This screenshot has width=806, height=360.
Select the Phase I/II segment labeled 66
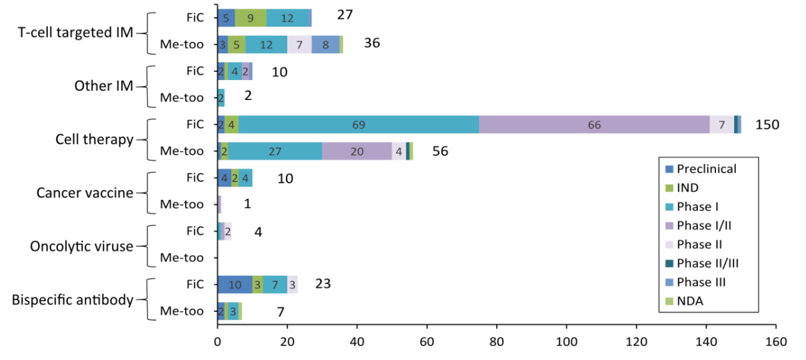click(594, 125)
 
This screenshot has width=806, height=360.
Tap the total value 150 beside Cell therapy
click(767, 125)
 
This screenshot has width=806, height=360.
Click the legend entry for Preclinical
click(706, 169)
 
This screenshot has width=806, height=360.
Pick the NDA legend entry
click(689, 301)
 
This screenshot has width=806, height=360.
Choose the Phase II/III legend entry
click(707, 263)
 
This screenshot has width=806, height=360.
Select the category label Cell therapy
click(95, 139)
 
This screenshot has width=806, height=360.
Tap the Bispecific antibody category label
click(73, 299)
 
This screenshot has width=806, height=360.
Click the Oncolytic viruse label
click(82, 246)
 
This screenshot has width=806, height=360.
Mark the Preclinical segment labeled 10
click(235, 284)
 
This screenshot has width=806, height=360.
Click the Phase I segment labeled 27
click(275, 151)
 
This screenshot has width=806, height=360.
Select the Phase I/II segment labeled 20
click(357, 151)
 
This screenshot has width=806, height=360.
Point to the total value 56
click(440, 151)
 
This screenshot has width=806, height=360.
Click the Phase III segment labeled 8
click(325, 45)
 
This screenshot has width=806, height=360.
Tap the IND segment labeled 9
click(250, 18)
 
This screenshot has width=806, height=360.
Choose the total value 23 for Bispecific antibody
click(323, 284)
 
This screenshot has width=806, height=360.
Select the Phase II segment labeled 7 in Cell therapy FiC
click(721, 125)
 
